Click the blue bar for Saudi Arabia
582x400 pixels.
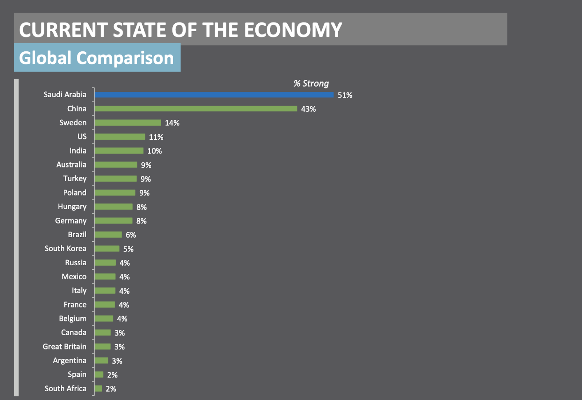pyautogui.click(x=214, y=95)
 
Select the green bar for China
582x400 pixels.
pyautogui.click(x=196, y=109)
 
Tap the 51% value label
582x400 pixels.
pyautogui.click(x=345, y=95)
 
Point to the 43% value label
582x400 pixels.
pyautogui.click(x=308, y=109)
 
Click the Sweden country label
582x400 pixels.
pyautogui.click(x=73, y=123)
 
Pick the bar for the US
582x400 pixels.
pyautogui.click(x=120, y=137)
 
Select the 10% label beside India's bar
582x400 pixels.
pyautogui.click(x=155, y=151)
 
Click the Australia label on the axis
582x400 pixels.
pyautogui.click(x=71, y=165)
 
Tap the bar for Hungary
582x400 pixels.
pyautogui.click(x=113, y=207)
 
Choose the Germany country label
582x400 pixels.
pyautogui.click(x=71, y=221)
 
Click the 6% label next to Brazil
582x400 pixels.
pyautogui.click(x=131, y=235)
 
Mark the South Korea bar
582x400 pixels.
pyautogui.click(x=107, y=249)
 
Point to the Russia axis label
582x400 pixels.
pyautogui.click(x=76, y=263)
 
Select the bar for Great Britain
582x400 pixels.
pyautogui.click(x=103, y=346)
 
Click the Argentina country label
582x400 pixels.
pyautogui.click(x=69, y=361)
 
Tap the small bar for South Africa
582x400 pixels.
pyautogui.click(x=98, y=389)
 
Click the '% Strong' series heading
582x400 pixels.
pyautogui.click(x=311, y=83)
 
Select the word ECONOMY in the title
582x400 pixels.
pyautogui.click(x=293, y=30)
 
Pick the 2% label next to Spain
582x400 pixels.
pyautogui.click(x=112, y=375)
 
